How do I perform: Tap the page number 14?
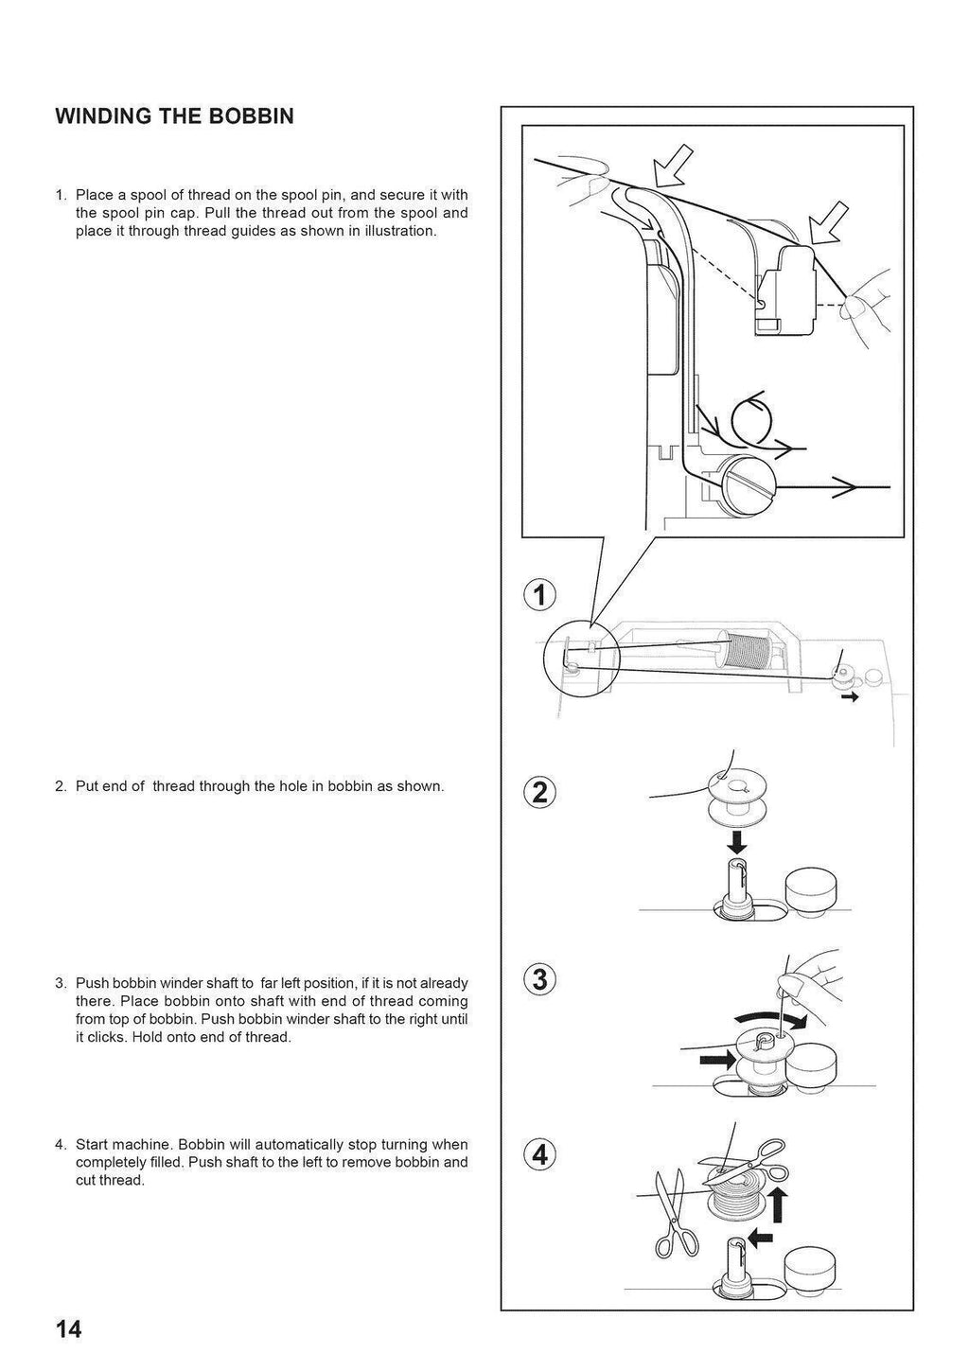[68, 1329]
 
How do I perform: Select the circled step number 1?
[539, 596]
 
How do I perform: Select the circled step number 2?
[539, 792]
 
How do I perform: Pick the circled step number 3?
[539, 980]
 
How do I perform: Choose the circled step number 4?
[539, 1155]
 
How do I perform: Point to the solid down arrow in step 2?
[737, 841]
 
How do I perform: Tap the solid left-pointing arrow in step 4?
[760, 1237]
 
